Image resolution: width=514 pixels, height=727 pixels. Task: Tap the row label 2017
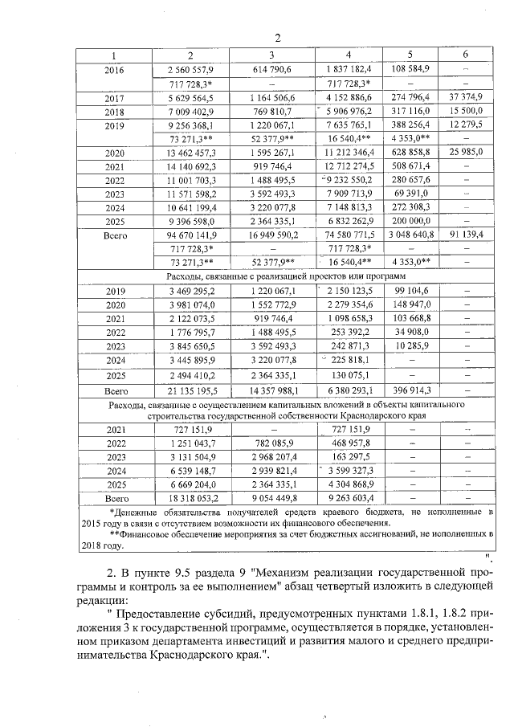coord(114,97)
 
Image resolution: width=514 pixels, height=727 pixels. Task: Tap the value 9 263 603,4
coord(349,498)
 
